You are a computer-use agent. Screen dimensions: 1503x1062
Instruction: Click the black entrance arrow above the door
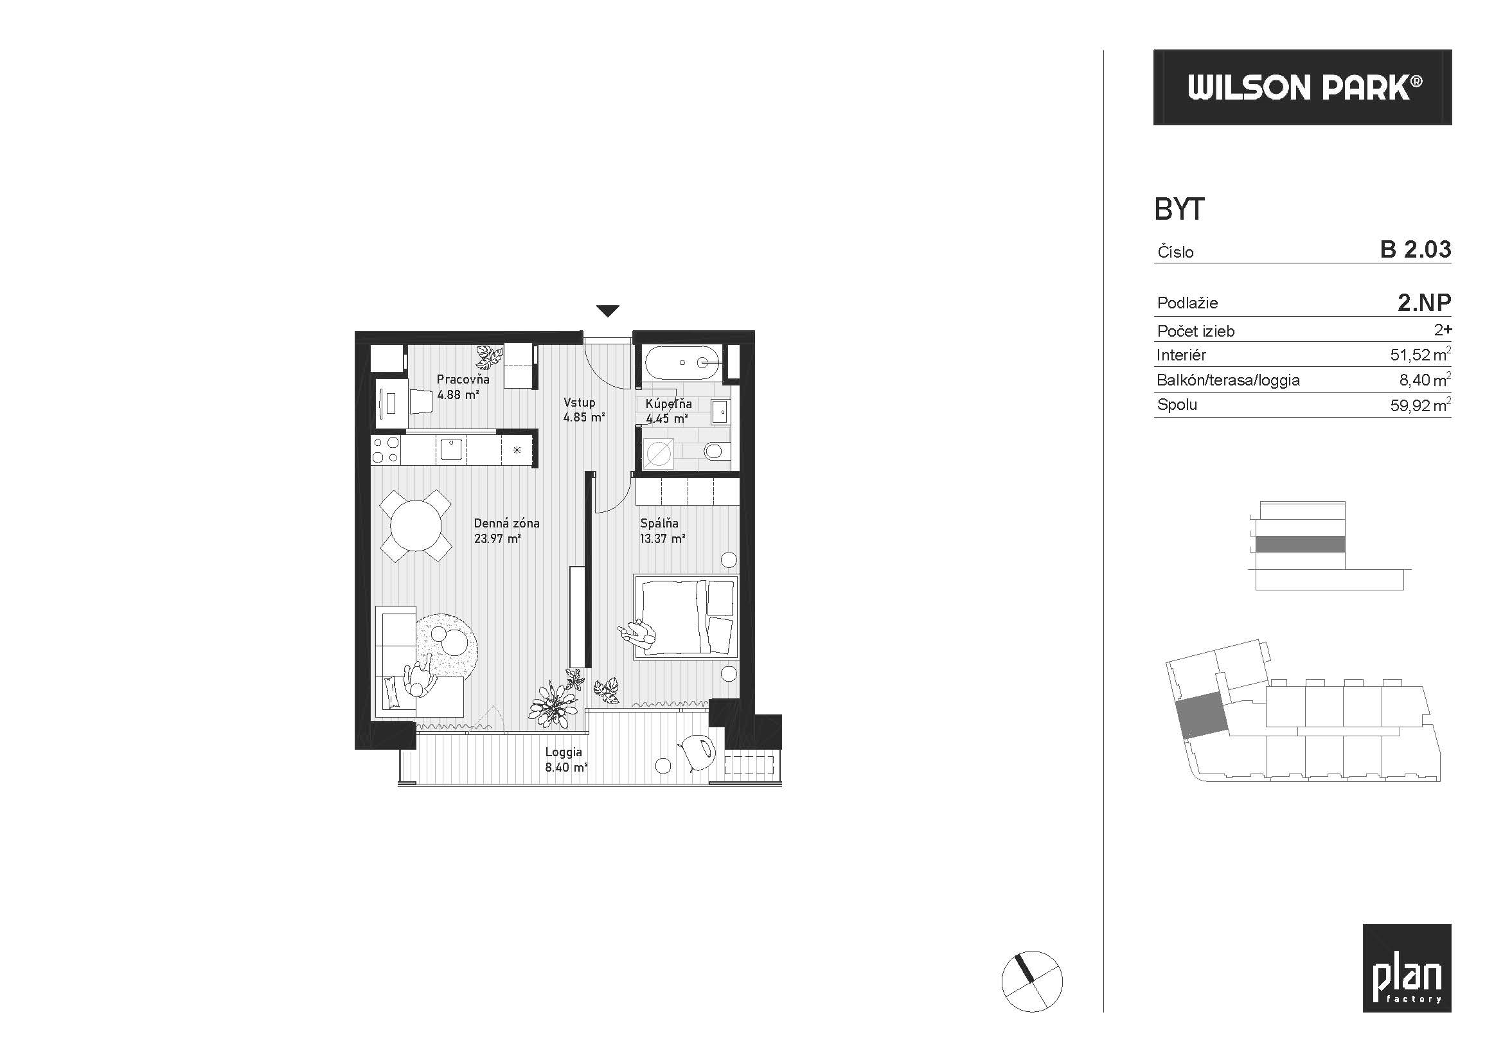point(607,312)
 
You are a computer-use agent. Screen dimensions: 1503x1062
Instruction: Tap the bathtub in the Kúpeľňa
point(683,362)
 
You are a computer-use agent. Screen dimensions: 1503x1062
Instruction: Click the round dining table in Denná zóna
point(416,526)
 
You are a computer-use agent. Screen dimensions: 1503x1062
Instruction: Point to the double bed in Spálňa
point(686,615)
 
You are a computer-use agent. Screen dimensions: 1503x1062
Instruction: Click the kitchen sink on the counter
point(450,449)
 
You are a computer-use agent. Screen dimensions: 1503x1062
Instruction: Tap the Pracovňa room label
point(463,379)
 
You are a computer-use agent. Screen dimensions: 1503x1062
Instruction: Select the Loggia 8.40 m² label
point(565,759)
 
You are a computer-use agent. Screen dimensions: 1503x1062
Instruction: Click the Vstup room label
point(580,402)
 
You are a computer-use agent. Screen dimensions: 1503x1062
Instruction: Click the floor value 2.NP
point(1425,303)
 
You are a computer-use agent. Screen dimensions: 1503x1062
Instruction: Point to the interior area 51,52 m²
point(1421,355)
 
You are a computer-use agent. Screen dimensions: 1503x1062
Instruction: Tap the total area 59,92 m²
point(1421,405)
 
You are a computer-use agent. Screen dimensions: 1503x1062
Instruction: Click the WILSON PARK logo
point(1302,87)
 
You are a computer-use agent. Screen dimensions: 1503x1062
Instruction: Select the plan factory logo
point(1407,968)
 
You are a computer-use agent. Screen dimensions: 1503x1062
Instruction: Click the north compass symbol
point(1032,981)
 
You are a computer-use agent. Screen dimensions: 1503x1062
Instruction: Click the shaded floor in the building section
point(1300,544)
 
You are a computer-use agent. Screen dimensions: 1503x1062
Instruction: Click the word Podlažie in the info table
point(1187,303)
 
